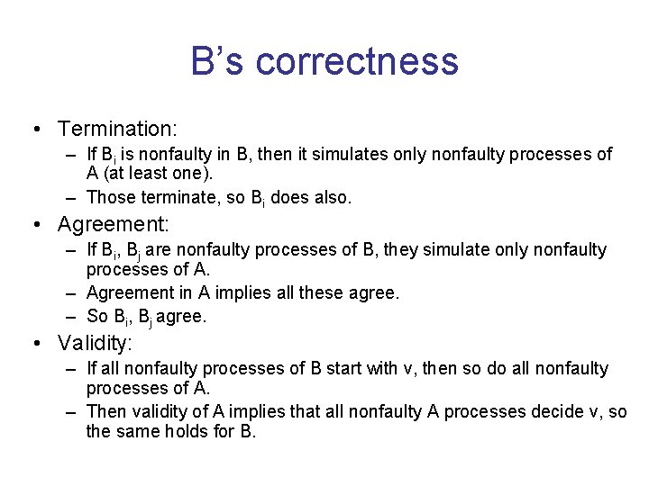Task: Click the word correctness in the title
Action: pyautogui.click(x=357, y=62)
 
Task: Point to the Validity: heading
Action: pyautogui.click(x=95, y=343)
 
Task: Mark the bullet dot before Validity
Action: pyautogui.click(x=34, y=343)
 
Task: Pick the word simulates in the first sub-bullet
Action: pyautogui.click(x=339, y=155)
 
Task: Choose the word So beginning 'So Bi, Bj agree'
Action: pyautogui.click(x=96, y=316)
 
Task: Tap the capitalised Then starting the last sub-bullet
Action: pyautogui.click(x=105, y=411)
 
